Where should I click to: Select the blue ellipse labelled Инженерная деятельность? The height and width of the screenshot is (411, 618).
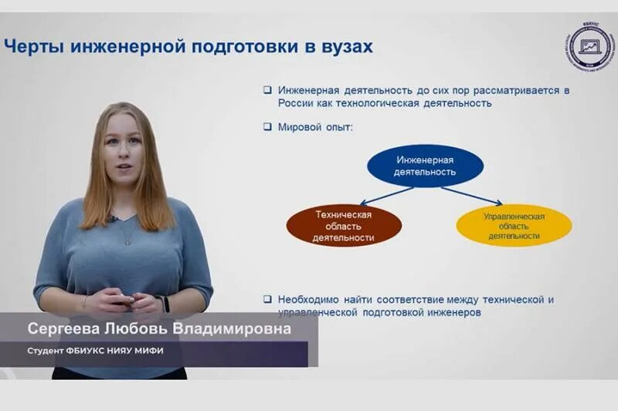(425, 166)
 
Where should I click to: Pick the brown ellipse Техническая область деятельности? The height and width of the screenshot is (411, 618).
(344, 226)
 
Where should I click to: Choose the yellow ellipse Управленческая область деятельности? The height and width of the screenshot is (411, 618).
(514, 226)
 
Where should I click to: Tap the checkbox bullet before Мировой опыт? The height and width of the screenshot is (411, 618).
(267, 127)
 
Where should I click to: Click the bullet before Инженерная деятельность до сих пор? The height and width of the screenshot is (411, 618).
(267, 90)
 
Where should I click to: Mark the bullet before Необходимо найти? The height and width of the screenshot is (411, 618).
(267, 299)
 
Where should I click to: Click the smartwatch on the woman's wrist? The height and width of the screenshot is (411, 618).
(165, 304)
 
